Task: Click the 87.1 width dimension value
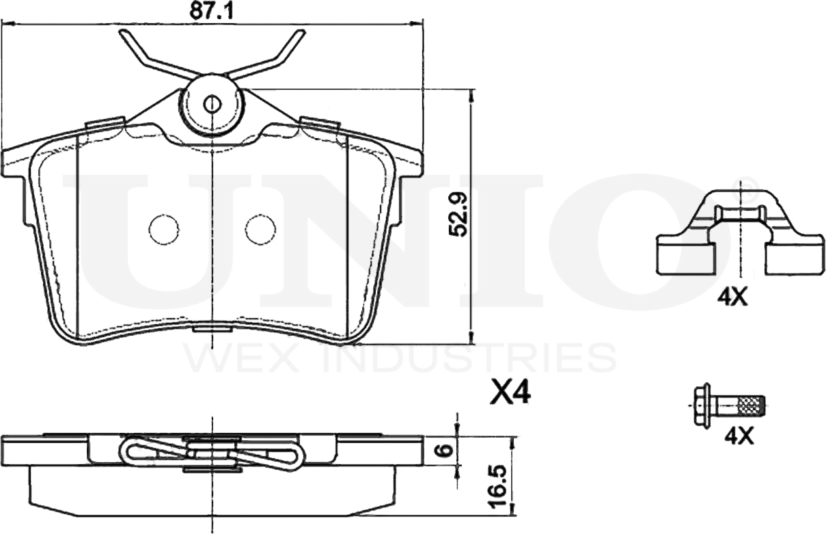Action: [211, 12]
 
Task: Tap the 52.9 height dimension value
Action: [458, 215]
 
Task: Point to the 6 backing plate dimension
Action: [446, 450]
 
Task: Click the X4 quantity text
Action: [510, 392]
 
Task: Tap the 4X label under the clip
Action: [732, 297]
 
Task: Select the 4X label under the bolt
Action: [739, 437]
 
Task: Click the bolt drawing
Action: [729, 405]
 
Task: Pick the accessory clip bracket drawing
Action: [739, 232]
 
